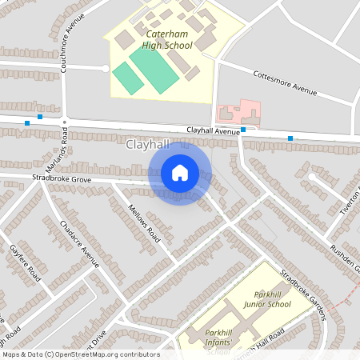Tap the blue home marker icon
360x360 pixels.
click(x=180, y=173)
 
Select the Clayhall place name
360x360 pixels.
click(x=149, y=146)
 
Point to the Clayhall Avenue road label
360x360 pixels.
click(x=214, y=130)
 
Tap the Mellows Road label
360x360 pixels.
click(x=145, y=223)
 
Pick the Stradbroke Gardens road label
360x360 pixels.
click(x=303, y=295)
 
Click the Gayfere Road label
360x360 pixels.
click(x=25, y=263)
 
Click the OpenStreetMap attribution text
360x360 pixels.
click(x=80, y=354)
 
